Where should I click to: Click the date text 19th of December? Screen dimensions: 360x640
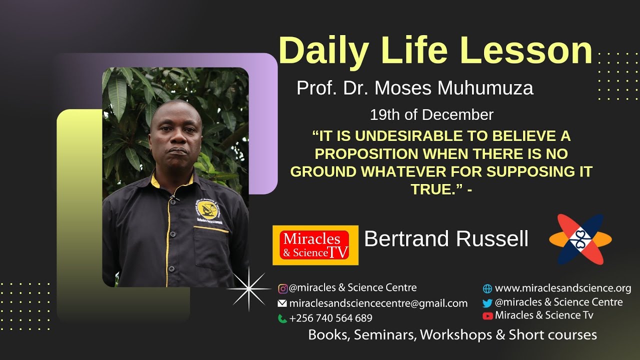point(431,115)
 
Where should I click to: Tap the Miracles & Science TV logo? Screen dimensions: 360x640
point(315,245)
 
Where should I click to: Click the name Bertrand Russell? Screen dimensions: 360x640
point(446,239)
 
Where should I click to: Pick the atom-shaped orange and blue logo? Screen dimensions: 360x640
point(580,239)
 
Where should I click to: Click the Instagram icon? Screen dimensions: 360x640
point(283,288)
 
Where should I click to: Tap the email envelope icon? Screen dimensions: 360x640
point(282,303)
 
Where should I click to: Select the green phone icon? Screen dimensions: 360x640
point(282,318)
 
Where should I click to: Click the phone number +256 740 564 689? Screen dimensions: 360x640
point(330,318)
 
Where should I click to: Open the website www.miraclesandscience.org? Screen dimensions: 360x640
point(562,288)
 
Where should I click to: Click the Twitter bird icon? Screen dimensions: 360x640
point(487,303)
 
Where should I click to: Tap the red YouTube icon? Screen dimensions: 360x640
point(487,315)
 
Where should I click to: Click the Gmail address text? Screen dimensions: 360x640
point(378,303)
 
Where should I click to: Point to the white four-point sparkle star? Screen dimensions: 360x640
point(248,289)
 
